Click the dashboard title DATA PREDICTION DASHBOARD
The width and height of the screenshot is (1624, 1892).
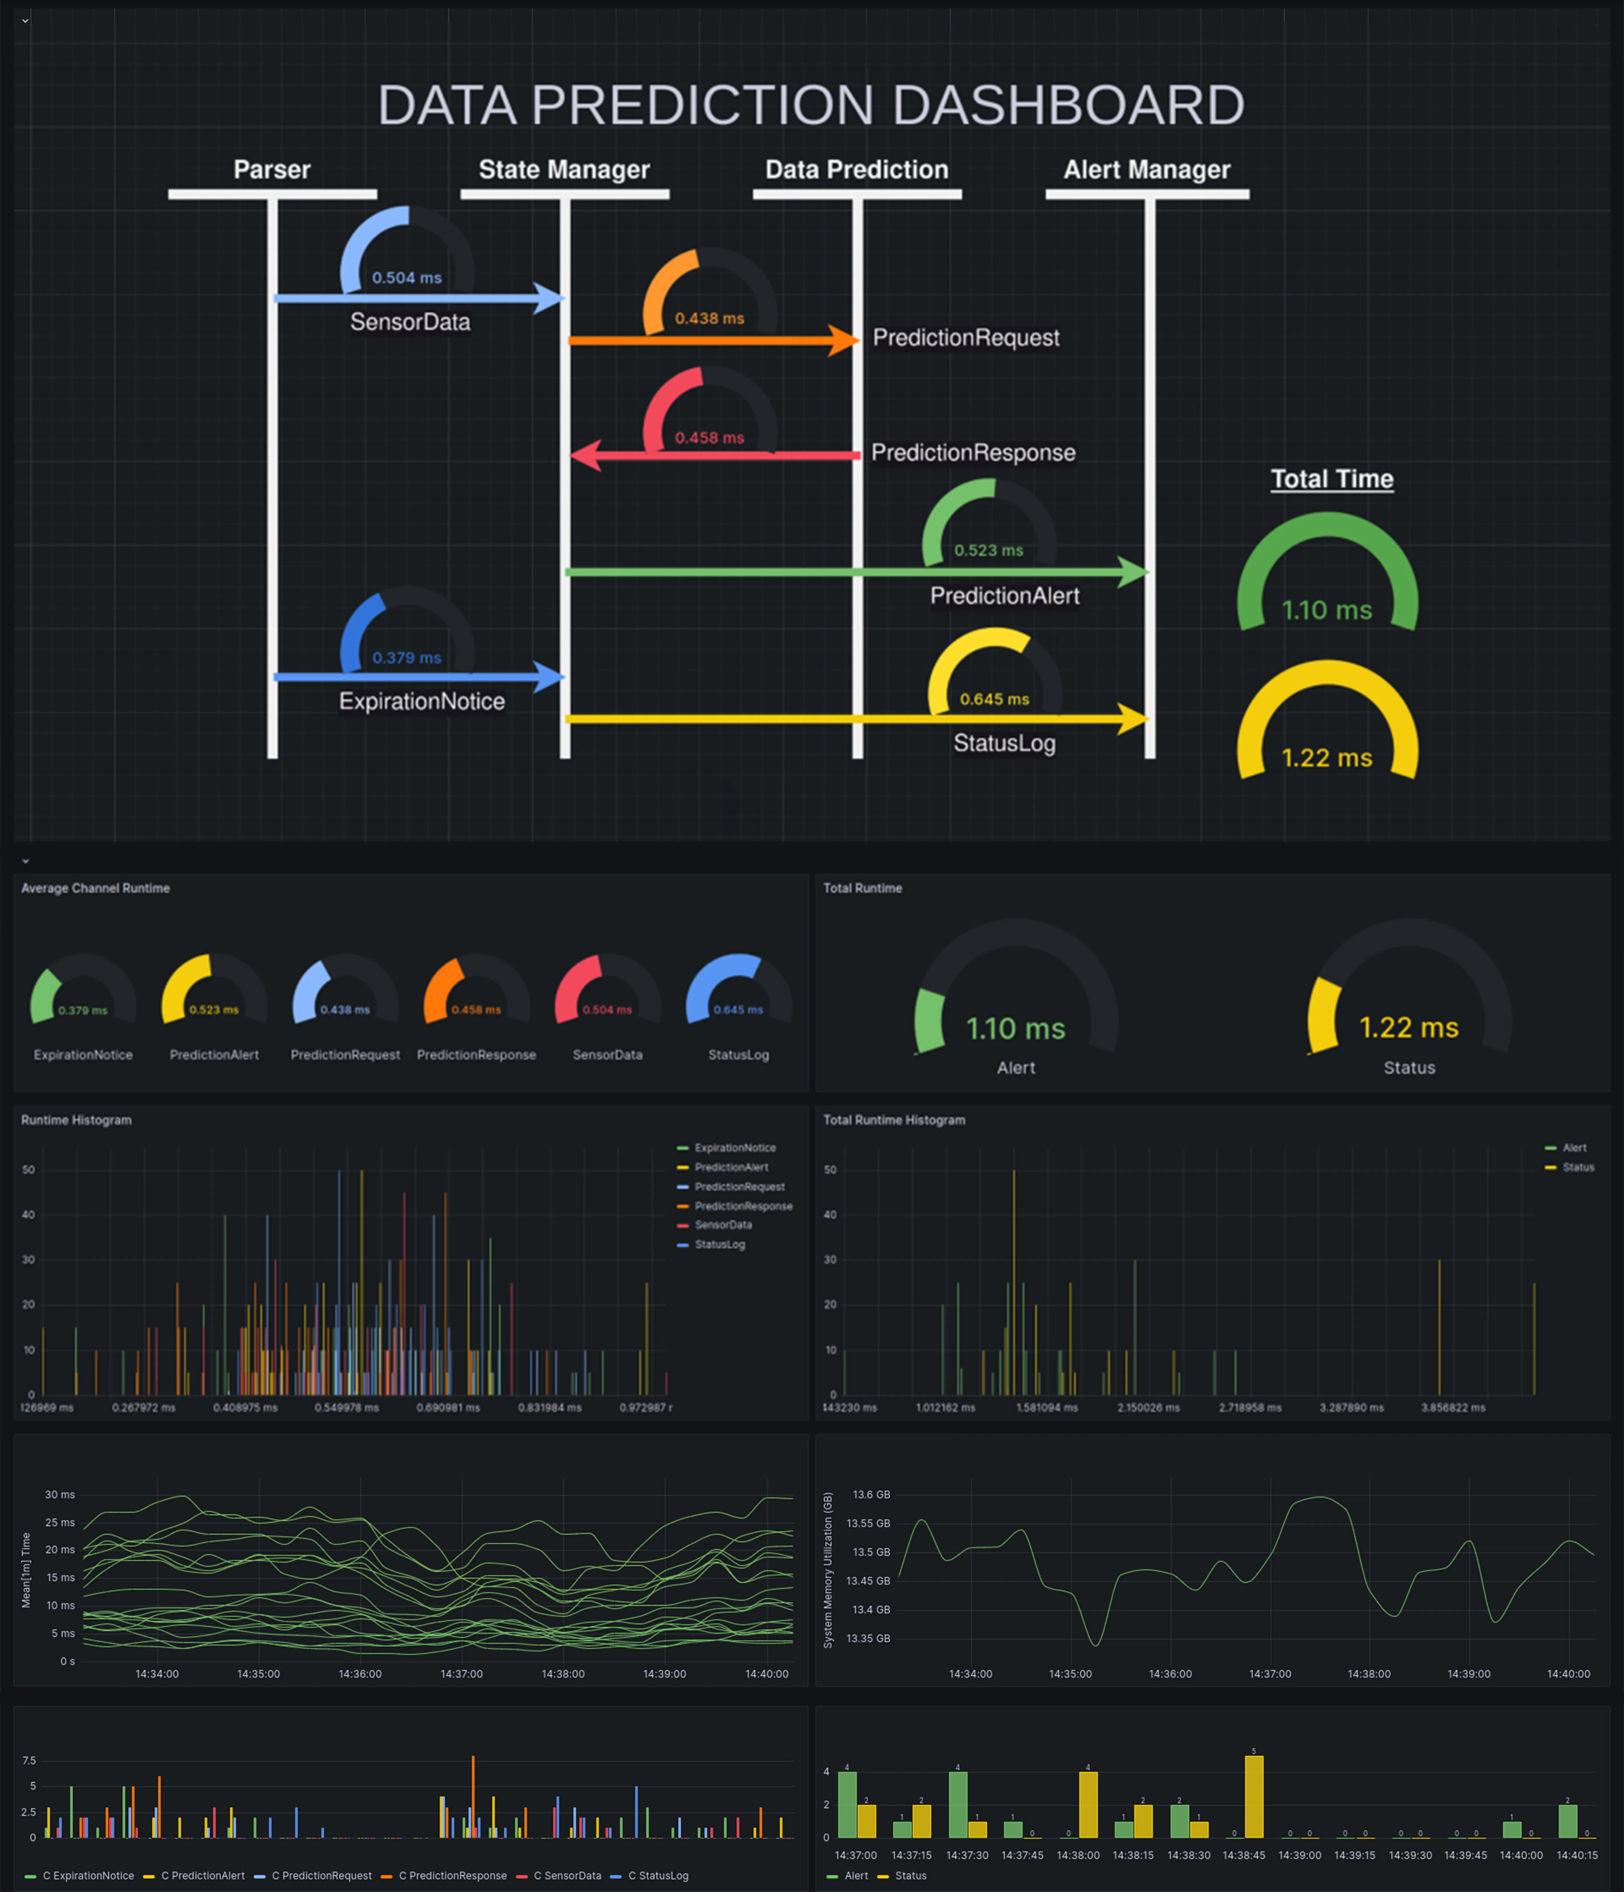pos(811,105)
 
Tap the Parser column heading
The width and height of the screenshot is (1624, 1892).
pos(272,170)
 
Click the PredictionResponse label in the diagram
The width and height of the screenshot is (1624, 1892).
pos(973,453)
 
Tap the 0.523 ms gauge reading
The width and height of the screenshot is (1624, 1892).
pos(989,551)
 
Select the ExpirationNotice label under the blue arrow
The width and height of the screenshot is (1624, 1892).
pos(422,701)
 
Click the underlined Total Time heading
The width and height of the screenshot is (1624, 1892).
pos(1332,479)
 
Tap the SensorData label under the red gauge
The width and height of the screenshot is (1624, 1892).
pos(607,1055)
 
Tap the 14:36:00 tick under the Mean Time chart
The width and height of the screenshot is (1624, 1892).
pos(360,1674)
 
